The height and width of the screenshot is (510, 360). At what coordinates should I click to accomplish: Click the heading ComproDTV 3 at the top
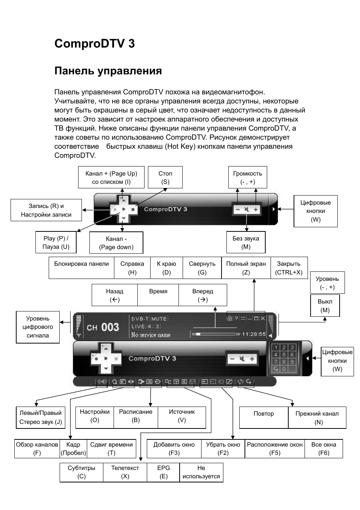[x=94, y=43]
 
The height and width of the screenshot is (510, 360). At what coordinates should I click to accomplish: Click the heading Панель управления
[x=108, y=71]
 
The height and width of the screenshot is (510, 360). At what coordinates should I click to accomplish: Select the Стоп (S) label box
[x=165, y=177]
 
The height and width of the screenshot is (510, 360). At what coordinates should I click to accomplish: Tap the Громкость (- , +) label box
[x=248, y=177]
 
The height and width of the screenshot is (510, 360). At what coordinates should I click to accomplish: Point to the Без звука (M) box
[x=246, y=242]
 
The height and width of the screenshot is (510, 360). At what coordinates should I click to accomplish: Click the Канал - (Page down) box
[x=116, y=243]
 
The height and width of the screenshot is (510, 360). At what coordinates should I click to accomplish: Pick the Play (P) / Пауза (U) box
[x=56, y=242]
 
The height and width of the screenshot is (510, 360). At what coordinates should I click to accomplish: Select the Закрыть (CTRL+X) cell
[x=289, y=268]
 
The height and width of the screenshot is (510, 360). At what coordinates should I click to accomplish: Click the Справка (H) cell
[x=132, y=268]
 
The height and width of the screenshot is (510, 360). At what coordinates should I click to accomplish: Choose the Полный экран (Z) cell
[x=246, y=268]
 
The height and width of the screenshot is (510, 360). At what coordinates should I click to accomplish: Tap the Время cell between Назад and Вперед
[x=158, y=295]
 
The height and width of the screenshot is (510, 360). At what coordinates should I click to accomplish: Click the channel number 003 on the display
[x=110, y=327]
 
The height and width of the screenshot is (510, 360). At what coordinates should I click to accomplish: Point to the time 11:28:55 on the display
[x=254, y=334]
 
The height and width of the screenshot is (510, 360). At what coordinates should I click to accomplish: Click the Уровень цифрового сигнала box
[x=38, y=327]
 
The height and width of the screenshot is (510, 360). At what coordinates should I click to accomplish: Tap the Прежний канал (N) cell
[x=317, y=418]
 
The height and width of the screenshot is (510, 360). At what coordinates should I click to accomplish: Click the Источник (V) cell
[x=182, y=418]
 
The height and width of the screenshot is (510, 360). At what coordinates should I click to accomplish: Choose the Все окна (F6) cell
[x=324, y=449]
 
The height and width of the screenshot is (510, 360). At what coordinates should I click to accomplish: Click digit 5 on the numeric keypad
[x=284, y=355]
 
